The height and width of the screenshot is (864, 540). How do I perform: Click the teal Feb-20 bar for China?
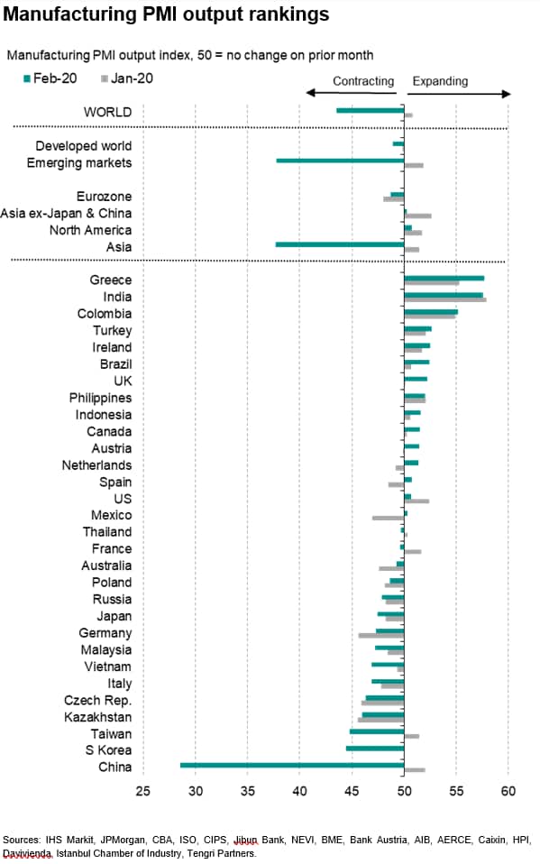click(292, 765)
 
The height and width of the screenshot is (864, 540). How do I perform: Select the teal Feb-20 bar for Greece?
click(444, 279)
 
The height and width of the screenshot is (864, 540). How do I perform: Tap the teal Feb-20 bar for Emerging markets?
click(340, 161)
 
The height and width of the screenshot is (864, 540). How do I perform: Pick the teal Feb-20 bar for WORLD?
click(371, 111)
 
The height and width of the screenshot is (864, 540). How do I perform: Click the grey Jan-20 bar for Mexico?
click(389, 518)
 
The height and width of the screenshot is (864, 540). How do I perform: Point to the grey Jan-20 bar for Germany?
click(381, 636)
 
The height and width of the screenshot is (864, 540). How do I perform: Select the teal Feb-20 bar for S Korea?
click(375, 749)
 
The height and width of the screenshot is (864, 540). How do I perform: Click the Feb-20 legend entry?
click(50, 78)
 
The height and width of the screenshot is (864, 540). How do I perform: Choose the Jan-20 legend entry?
click(127, 78)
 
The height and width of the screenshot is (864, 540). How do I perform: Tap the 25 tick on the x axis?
click(142, 791)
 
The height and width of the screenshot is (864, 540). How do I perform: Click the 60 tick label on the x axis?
click(508, 791)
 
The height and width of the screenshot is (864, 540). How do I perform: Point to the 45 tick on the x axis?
click(352, 791)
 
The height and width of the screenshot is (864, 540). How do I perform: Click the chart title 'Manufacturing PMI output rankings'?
click(166, 14)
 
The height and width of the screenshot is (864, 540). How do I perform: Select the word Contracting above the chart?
click(363, 81)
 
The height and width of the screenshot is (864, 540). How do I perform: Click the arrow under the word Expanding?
click(459, 94)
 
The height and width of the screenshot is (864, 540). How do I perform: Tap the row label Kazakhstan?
click(98, 717)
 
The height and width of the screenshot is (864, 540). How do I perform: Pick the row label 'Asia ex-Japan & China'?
click(66, 213)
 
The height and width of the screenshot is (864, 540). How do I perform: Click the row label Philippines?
click(100, 398)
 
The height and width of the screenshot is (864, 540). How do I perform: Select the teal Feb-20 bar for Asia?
click(340, 244)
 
